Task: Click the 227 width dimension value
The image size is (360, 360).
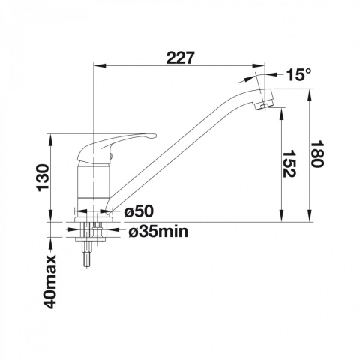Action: [180, 58]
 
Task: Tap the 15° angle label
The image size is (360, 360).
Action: [299, 74]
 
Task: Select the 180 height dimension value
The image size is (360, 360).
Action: [317, 154]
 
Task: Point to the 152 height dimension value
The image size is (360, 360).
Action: [289, 163]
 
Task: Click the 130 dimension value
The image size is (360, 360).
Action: [43, 178]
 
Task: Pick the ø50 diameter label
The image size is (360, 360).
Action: [139, 212]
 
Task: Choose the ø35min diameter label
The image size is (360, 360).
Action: [158, 232]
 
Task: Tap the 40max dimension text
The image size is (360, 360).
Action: [49, 281]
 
